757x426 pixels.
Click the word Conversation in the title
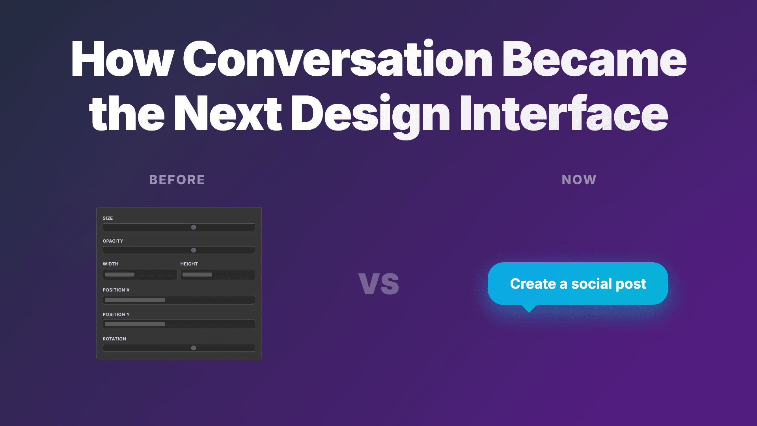(337, 59)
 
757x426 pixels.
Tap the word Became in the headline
(594, 59)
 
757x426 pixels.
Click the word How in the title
(122, 59)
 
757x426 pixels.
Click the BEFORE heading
(177, 180)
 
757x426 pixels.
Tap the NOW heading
(579, 180)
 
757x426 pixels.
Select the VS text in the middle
(379, 283)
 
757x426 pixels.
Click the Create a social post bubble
(578, 284)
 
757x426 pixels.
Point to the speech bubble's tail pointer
(529, 308)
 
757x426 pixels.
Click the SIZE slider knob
(194, 227)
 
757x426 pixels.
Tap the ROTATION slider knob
(194, 348)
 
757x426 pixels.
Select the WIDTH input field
(140, 275)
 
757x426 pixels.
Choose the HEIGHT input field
(218, 275)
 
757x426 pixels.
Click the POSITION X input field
(179, 300)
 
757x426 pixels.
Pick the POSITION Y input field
(179, 324)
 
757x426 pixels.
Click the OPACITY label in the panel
(113, 241)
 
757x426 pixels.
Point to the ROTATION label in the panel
(114, 339)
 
